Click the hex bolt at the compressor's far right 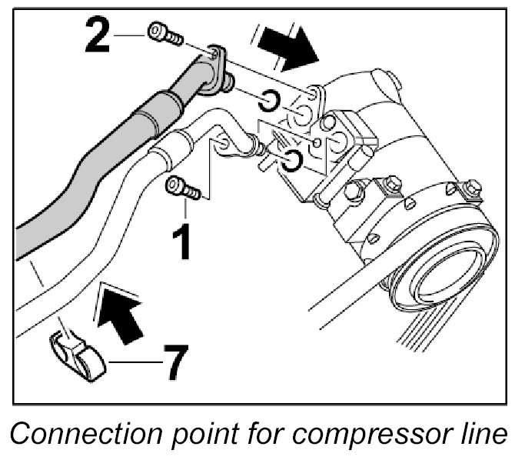(471, 187)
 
